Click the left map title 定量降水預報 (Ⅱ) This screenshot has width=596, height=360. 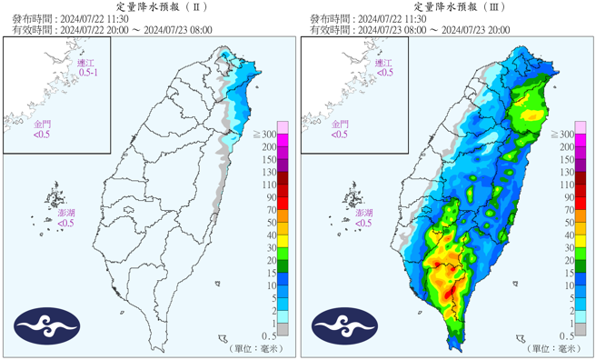click(149, 6)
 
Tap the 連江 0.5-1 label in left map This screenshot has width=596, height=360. click(89, 65)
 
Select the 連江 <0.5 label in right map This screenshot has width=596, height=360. click(386, 65)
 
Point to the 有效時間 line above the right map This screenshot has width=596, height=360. click(409, 29)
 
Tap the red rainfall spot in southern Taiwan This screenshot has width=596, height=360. click(439, 265)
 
